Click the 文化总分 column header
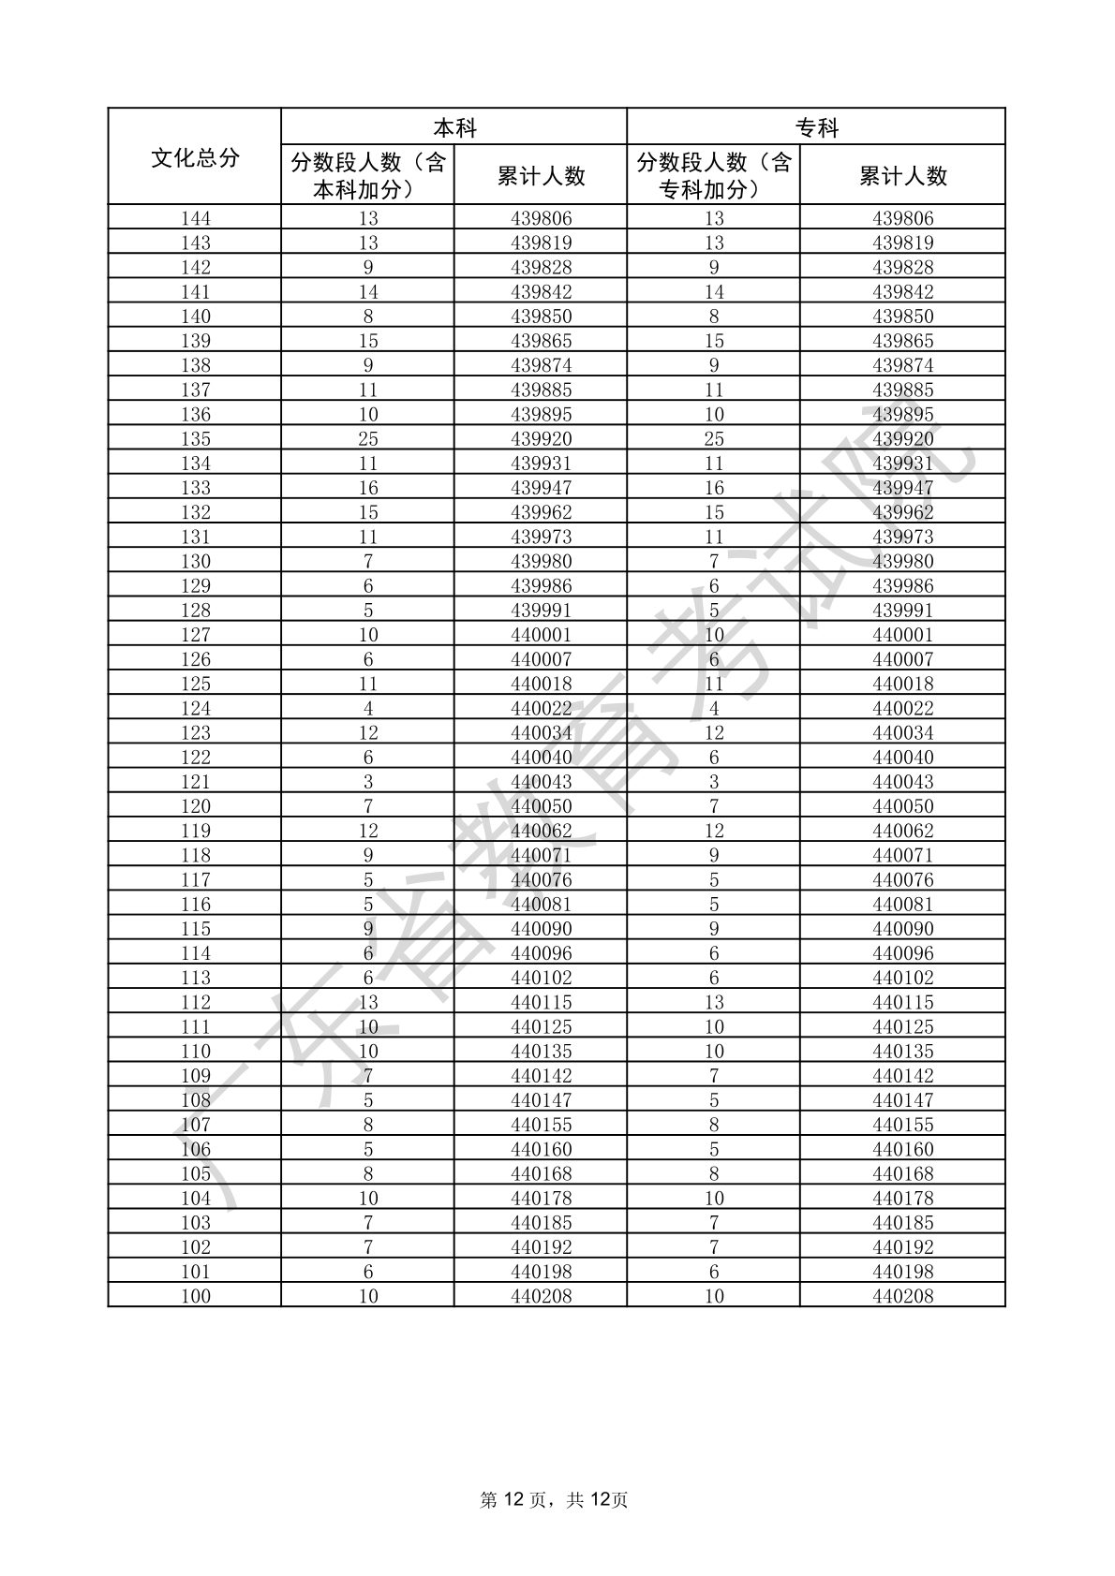195,157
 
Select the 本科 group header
454,127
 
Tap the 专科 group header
816,127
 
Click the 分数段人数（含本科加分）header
368,176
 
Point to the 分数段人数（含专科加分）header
714,176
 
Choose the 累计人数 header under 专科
903,176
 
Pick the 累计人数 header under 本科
541,176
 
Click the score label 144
195,219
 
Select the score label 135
195,439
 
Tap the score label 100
195,1297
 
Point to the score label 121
195,782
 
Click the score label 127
195,635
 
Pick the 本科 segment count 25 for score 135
368,439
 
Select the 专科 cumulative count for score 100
903,1297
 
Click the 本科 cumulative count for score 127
541,635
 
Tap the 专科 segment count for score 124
714,709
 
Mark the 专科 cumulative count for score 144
903,219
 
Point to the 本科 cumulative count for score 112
541,1003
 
